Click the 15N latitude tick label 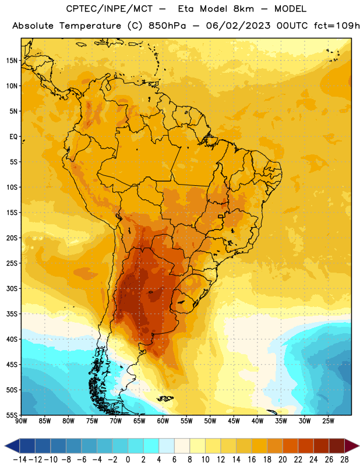[x=12, y=61]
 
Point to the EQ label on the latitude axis [x=13, y=137]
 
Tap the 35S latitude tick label [x=12, y=314]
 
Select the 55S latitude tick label [x=12, y=415]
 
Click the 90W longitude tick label [x=21, y=421]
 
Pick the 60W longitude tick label [x=163, y=421]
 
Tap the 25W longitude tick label [x=328, y=421]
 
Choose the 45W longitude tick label [x=234, y=421]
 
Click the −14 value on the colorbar [x=20, y=460]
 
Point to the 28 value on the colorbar [x=344, y=460]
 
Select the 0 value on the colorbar [x=128, y=460]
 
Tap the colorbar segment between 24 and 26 [x=322, y=446]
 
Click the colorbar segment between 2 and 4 [x=151, y=446]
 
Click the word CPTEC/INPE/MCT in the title [x=109, y=9]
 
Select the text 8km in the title [x=243, y=9]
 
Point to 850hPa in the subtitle [x=167, y=26]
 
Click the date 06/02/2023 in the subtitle [x=238, y=26]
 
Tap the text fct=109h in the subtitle [x=337, y=26]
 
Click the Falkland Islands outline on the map [x=165, y=398]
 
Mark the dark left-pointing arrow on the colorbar [x=12, y=446]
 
